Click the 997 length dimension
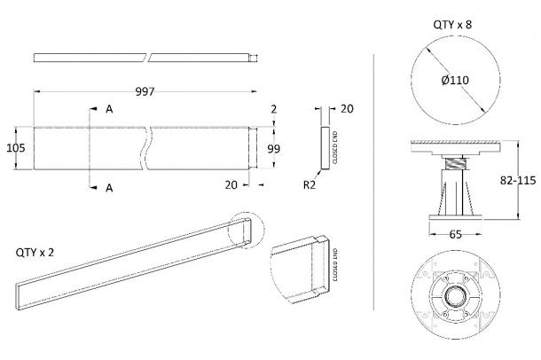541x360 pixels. (x=145, y=91)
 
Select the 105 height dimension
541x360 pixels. (x=16, y=148)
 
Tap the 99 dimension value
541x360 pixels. (x=274, y=149)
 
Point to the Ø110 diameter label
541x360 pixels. (x=455, y=80)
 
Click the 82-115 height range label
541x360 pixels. (x=518, y=180)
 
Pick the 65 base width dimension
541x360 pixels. (x=456, y=234)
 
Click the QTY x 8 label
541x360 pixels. (x=452, y=25)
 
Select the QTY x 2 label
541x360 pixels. (x=35, y=253)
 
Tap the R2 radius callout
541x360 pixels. (x=310, y=185)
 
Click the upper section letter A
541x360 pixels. (x=109, y=109)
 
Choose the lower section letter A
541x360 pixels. (x=109, y=188)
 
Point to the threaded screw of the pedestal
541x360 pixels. (x=456, y=163)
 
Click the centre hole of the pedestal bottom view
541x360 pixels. (x=456, y=295)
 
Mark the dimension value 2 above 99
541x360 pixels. (x=274, y=109)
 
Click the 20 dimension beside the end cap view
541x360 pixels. (x=347, y=109)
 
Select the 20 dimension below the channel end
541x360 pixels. (x=231, y=185)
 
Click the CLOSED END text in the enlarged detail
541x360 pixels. (x=335, y=265)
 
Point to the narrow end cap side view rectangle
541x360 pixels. (x=325, y=148)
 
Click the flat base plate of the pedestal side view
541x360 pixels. (x=456, y=217)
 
